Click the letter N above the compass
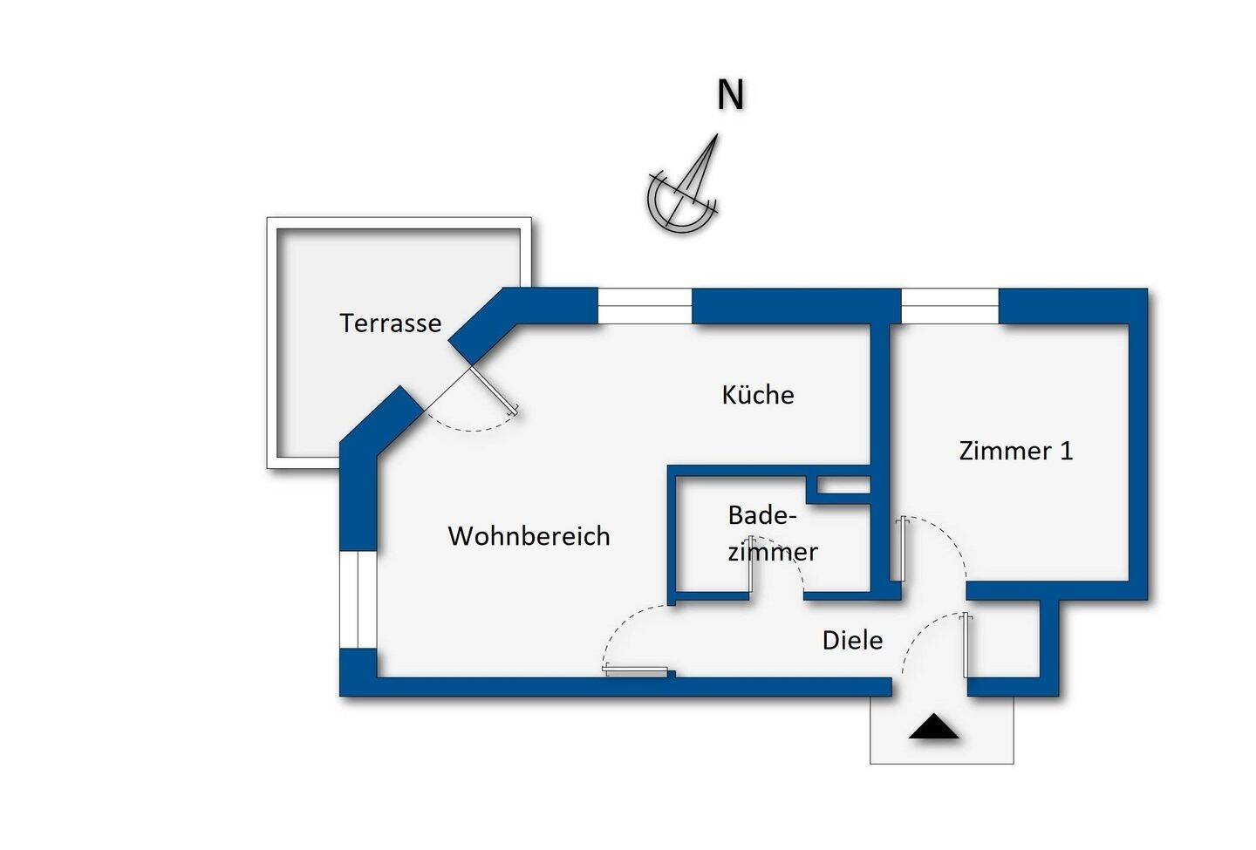(x=730, y=95)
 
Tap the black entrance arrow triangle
(x=933, y=727)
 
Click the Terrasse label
(x=390, y=323)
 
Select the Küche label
(x=757, y=395)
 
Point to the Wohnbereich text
(x=529, y=535)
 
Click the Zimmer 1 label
(x=1015, y=451)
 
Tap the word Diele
(x=852, y=641)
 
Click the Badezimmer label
(x=771, y=534)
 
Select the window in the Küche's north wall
(x=645, y=306)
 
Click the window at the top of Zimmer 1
(x=949, y=306)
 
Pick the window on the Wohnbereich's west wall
(x=358, y=600)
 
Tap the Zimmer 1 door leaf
(x=904, y=548)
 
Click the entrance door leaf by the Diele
(x=966, y=646)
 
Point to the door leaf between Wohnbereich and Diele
(x=637, y=670)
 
